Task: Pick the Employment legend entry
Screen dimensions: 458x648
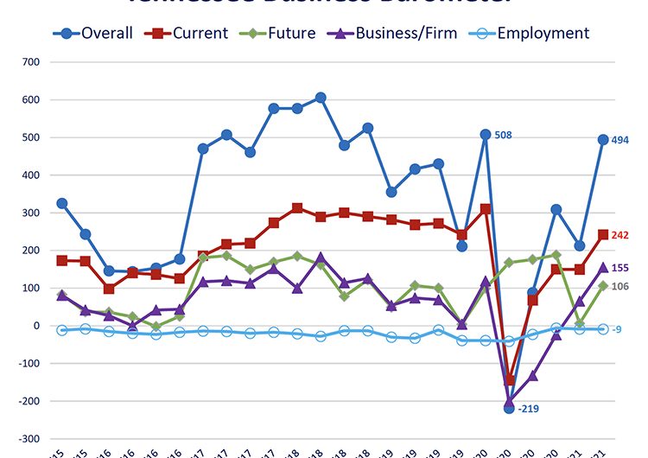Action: tap(536, 34)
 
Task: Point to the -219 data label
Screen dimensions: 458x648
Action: tap(528, 409)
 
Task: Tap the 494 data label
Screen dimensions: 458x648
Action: tap(620, 140)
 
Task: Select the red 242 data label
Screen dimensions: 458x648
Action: tap(620, 235)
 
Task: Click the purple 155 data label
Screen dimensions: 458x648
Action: tap(620, 268)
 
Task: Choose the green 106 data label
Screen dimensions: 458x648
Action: tap(620, 286)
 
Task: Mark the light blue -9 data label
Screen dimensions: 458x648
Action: tap(616, 329)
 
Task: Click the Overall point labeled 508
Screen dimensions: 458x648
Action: tap(485, 135)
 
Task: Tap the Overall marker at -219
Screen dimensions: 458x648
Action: tap(509, 408)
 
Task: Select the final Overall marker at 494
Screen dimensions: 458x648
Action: tap(602, 139)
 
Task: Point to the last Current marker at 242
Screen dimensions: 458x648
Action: tap(602, 234)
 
